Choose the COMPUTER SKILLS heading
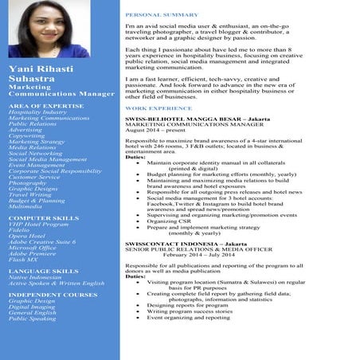point(43,217)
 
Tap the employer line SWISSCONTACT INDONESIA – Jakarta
point(185,244)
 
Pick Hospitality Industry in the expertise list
point(37,112)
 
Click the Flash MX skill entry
point(23,260)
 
